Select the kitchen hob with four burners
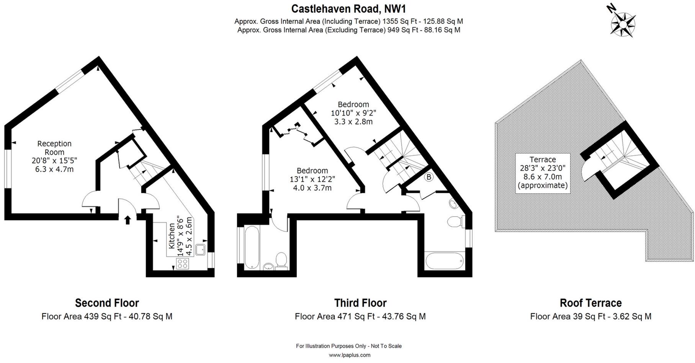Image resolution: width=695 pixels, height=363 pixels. click(182, 263)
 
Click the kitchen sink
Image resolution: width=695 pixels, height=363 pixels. click(200, 250)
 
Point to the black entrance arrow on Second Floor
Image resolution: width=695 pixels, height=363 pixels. click(128, 219)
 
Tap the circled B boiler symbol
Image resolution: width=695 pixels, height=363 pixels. click(429, 177)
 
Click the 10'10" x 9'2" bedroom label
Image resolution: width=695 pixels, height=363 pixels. click(353, 113)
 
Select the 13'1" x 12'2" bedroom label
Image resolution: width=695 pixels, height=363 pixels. click(312, 179)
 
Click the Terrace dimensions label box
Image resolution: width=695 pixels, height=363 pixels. click(543, 173)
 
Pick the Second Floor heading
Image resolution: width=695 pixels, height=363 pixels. click(107, 303)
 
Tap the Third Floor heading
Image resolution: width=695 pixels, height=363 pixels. click(360, 303)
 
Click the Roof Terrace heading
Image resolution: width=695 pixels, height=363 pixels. click(590, 303)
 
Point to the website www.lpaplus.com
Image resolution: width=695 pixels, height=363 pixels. click(350, 355)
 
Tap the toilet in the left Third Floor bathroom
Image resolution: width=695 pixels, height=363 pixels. click(281, 261)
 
